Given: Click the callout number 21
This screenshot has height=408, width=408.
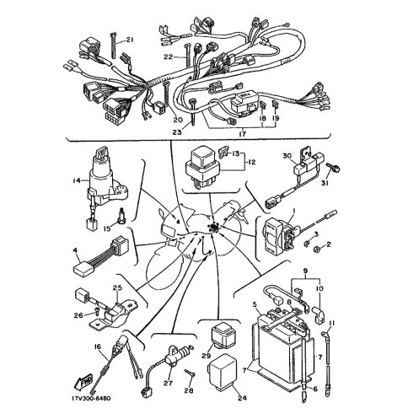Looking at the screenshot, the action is [129, 40].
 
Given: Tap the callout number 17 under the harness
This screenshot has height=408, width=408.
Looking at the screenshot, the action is [242, 134].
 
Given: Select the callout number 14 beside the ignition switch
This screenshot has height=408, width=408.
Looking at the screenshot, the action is [76, 180].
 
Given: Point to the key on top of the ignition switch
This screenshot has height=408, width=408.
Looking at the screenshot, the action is [102, 153].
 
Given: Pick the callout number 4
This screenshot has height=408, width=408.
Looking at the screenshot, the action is [75, 250].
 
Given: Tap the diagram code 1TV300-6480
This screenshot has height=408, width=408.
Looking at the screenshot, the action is [91, 399].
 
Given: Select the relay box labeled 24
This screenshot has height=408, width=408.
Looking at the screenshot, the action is [222, 369].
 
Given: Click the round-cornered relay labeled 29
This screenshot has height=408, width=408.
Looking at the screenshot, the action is [223, 336].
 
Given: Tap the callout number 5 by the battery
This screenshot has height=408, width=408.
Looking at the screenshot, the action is [255, 304].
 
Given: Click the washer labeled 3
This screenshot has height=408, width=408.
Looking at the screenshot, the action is [307, 244].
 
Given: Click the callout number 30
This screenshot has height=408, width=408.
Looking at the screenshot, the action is [287, 156].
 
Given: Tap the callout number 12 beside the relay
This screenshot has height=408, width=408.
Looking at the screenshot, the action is [252, 163].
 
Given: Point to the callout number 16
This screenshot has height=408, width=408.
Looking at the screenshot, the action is [97, 347].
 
